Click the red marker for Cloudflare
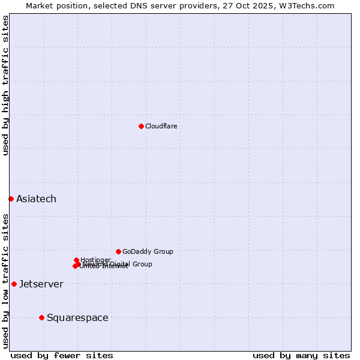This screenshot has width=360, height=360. tap(141, 126)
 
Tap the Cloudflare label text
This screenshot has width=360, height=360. tap(161, 126)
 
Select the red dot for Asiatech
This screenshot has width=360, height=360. tap(11, 199)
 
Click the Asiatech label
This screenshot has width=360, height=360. tap(36, 199)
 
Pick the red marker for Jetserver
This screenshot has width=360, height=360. tap(14, 284)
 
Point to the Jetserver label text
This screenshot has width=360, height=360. tap(41, 284)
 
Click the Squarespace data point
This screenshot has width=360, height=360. tap(41, 317)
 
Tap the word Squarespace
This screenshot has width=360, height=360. tap(77, 317)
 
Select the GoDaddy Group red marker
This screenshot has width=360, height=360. tap(118, 251)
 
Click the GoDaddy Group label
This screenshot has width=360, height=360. tap(148, 251)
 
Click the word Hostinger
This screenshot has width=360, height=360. tap(95, 260)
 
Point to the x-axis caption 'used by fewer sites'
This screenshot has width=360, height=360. tap(62, 355)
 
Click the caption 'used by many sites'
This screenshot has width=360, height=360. tap(301, 355)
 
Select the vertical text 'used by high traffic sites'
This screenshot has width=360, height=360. tap(5, 85)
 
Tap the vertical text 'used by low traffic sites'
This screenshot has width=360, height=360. tap(5, 280)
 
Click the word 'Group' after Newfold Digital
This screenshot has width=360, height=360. tap(142, 264)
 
